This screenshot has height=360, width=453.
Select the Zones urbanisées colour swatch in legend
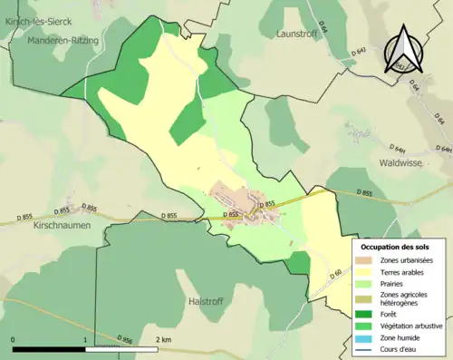369,261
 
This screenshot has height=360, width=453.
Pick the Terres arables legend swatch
369,274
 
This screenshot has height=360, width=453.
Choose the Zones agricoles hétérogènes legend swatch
369,299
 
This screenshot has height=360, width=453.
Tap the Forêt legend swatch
369,316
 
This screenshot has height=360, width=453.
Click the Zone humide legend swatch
369,338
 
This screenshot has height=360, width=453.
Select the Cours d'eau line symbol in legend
369,351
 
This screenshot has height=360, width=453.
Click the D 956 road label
124,338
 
